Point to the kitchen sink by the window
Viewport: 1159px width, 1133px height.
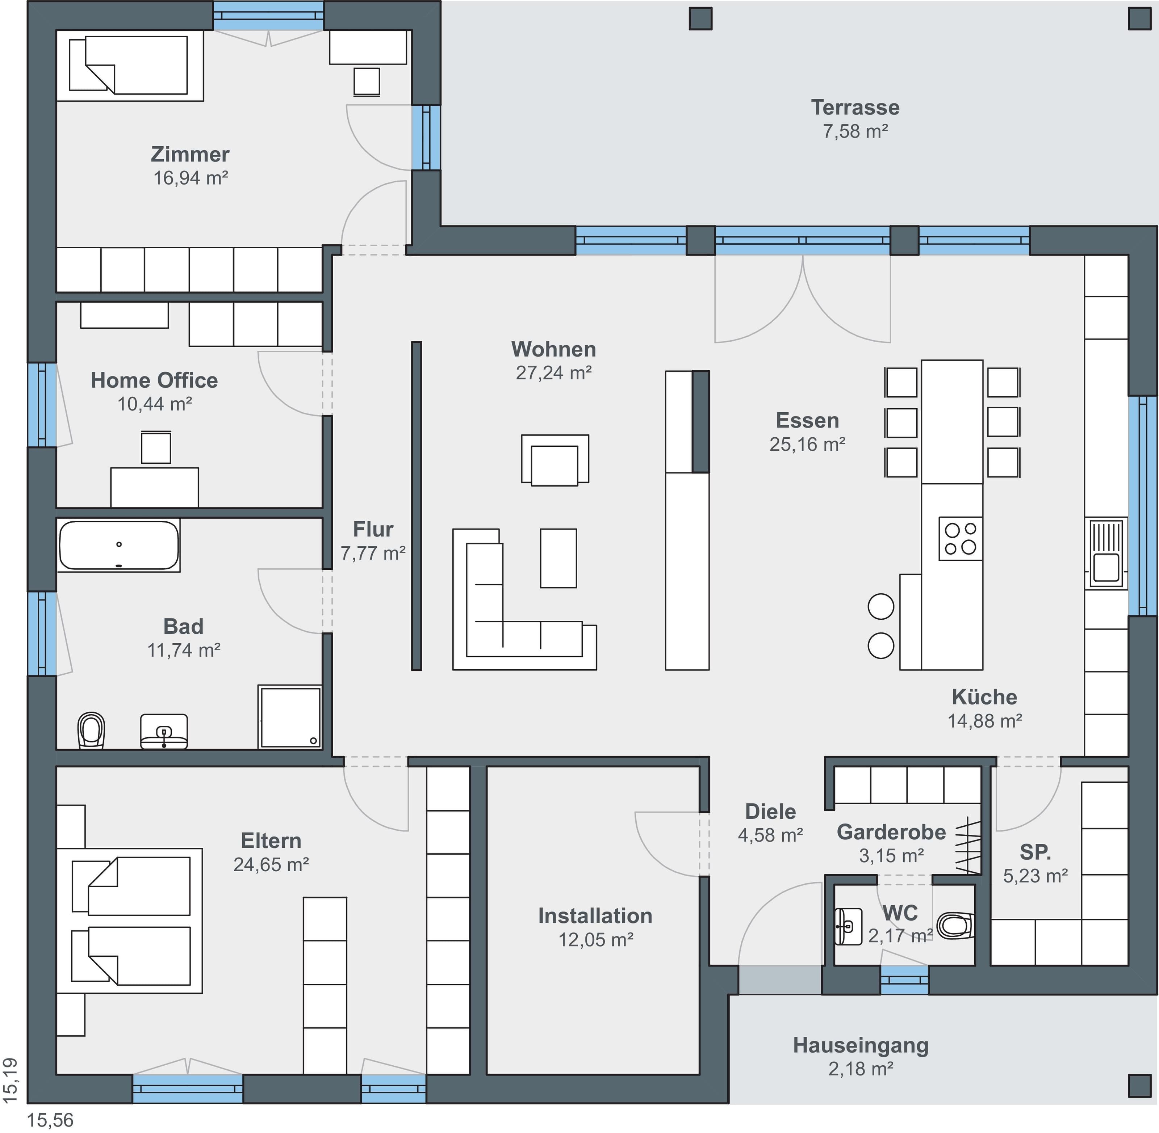[x=1106, y=553]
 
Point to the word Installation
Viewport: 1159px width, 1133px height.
[x=595, y=916]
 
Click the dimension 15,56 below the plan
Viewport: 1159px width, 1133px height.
[x=51, y=1120]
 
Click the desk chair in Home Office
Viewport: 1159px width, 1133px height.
[x=156, y=447]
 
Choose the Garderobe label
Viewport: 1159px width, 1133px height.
[x=891, y=832]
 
